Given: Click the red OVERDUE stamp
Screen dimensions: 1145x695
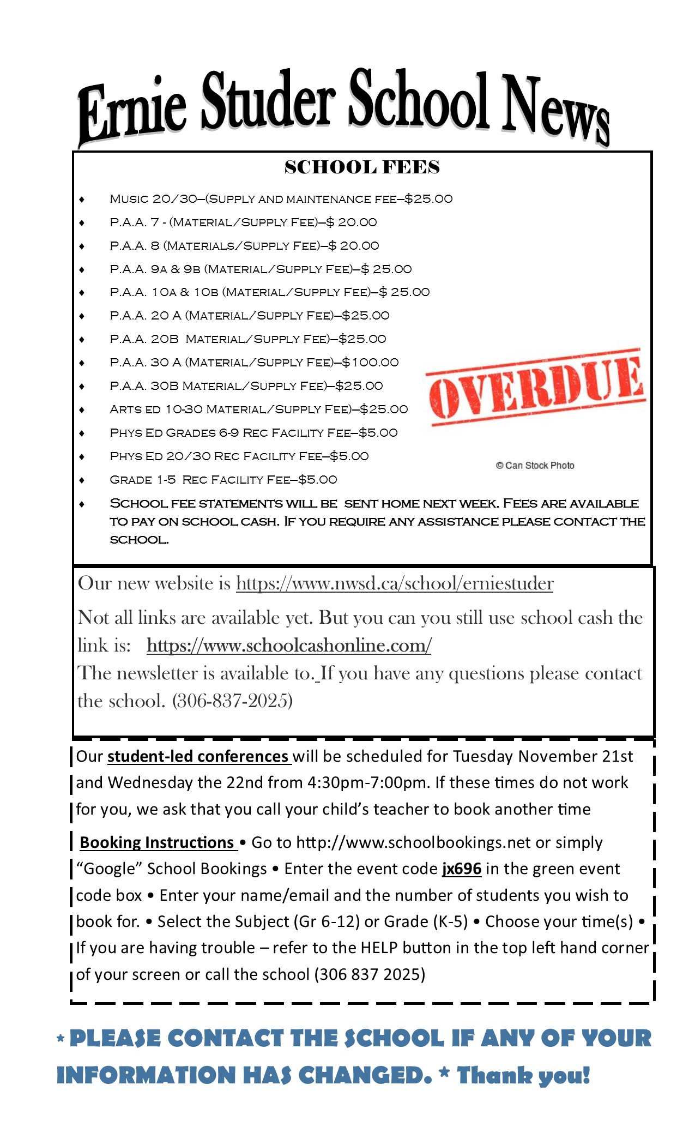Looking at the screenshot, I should (x=536, y=387).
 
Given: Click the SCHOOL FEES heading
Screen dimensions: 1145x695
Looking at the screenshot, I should (x=362, y=167).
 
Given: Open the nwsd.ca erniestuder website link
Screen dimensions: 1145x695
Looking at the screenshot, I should (x=395, y=584).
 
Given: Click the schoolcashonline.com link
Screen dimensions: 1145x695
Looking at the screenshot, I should (x=289, y=646).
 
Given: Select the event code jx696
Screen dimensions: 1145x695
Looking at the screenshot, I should (x=461, y=869).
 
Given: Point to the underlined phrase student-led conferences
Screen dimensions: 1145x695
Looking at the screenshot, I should (x=198, y=757).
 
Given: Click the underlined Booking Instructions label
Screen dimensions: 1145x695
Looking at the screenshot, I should (x=157, y=842).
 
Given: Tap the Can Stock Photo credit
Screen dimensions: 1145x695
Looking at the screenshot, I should (x=535, y=465).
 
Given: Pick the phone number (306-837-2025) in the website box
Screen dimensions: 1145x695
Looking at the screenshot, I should (x=233, y=701).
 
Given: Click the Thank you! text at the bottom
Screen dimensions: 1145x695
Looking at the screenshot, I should (x=523, y=1076).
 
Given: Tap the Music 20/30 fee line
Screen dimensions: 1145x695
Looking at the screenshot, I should (x=281, y=199).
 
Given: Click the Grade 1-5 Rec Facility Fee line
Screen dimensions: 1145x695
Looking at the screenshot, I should (x=223, y=480).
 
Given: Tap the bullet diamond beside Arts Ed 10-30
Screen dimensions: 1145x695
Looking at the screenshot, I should (x=82, y=410).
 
